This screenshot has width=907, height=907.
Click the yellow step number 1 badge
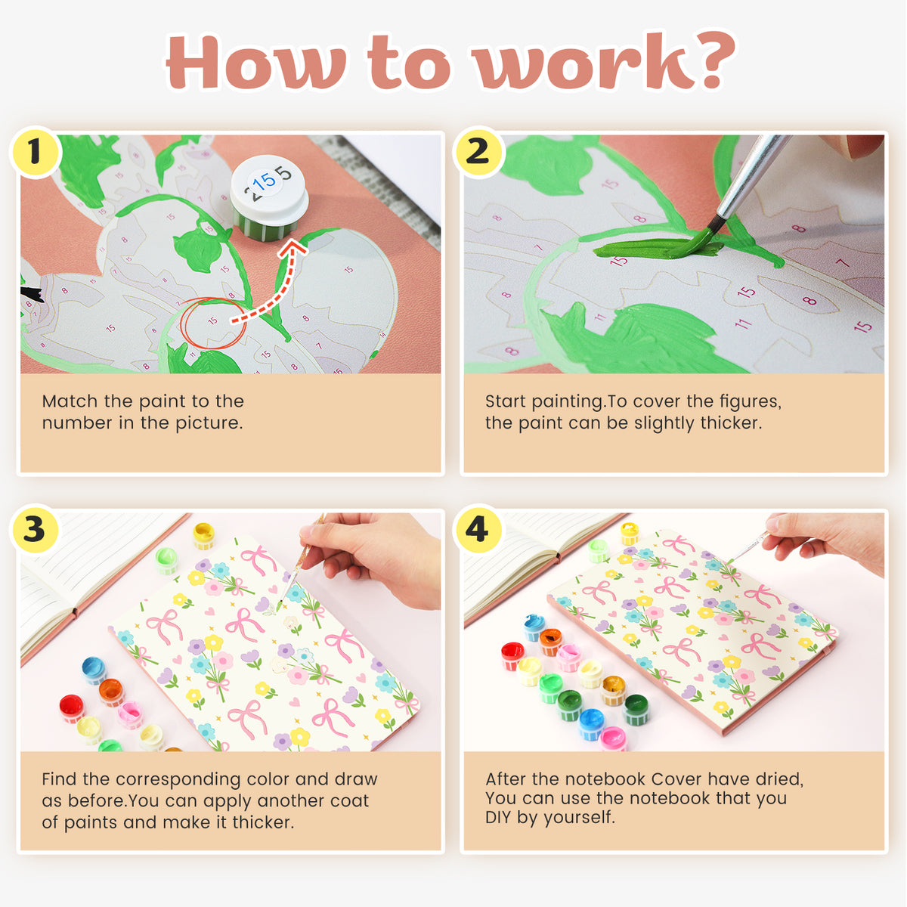coord(35,152)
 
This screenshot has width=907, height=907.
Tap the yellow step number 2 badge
coord(478,152)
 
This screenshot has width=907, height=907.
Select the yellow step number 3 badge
coord(35,529)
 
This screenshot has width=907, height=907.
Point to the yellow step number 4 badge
coord(478,529)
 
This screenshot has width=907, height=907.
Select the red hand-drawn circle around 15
coord(213,323)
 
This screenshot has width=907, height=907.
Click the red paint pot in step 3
coord(72,708)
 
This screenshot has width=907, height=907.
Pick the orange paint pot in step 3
coord(111,692)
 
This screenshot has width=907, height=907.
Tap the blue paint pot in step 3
coord(94,670)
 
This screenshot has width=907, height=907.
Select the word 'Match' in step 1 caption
coord(70,401)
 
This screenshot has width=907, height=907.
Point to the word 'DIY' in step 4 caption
coord(498,817)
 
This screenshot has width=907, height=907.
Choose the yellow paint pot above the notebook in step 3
coord(203,535)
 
